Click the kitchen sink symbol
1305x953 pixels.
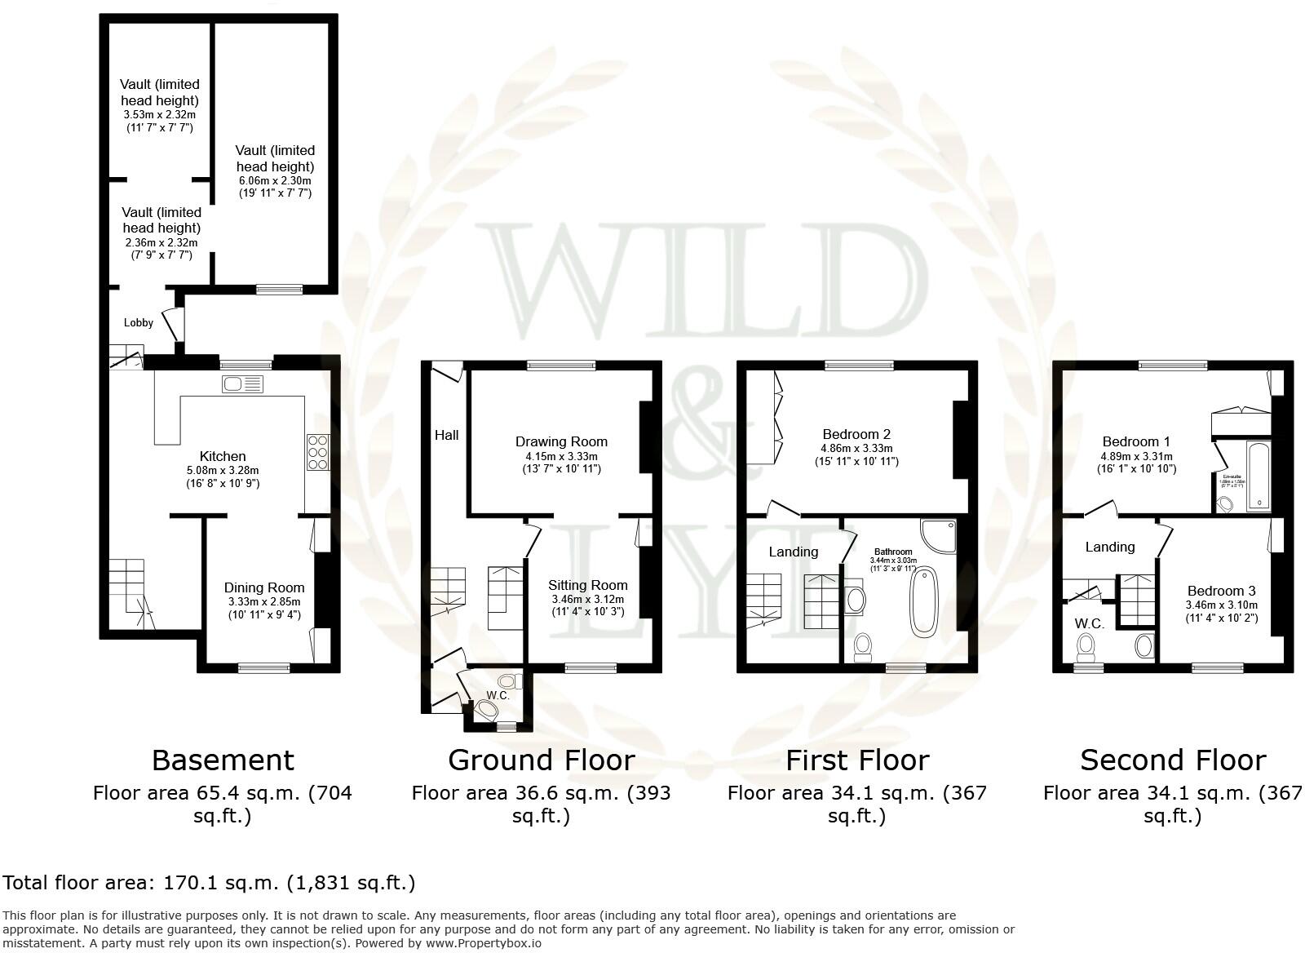tap(242, 383)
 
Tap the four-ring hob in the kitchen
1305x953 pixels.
tap(317, 451)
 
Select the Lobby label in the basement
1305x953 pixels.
tap(139, 322)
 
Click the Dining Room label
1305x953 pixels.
tap(264, 587)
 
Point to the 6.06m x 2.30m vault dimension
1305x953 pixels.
tap(275, 180)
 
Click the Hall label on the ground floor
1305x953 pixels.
tap(446, 435)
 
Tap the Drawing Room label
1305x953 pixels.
tap(561, 441)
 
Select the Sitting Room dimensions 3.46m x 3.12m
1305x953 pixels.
tap(587, 598)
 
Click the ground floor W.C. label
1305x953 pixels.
tap(498, 695)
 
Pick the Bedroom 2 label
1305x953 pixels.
tap(856, 434)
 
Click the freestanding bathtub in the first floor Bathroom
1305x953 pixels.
tap(925, 601)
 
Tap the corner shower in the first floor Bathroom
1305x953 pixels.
tap(939, 535)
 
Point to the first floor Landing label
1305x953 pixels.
tap(793, 552)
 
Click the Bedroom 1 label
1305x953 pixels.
tap(1136, 441)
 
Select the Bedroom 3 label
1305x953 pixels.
tap(1221, 591)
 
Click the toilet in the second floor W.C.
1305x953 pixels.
tap(1086, 649)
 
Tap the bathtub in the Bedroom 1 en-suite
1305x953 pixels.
tap(1259, 476)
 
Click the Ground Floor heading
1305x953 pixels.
tap(541, 760)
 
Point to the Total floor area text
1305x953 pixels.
tap(209, 882)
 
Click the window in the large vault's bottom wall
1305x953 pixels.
tap(280, 290)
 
